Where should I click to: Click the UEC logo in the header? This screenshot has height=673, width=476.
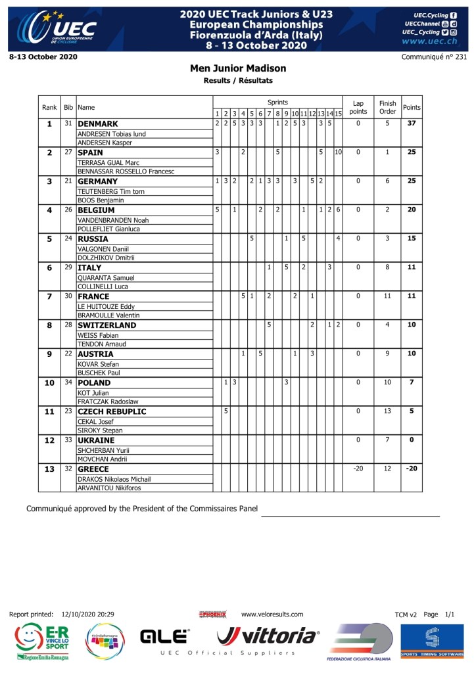tap(57, 27)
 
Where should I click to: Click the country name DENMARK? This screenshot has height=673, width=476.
tap(97, 124)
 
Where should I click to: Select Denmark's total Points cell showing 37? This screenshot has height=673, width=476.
tap(412, 124)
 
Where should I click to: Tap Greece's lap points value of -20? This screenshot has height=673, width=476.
tap(358, 469)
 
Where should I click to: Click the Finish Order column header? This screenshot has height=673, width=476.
tap(388, 107)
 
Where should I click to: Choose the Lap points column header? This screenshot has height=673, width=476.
tap(358, 107)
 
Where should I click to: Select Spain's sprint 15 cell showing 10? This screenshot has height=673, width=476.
tap(338, 152)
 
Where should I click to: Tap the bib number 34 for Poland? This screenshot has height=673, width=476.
tap(68, 383)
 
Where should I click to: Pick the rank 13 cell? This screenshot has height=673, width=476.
tap(49, 469)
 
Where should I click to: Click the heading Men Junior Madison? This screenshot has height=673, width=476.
tap(238, 68)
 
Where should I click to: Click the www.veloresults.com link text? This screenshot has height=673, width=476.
tap(272, 615)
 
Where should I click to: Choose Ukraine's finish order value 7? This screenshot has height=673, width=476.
tap(388, 440)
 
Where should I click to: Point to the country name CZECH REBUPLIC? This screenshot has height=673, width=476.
tap(112, 411)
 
